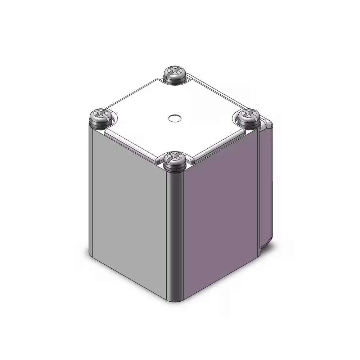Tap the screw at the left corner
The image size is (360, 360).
pos(99,118)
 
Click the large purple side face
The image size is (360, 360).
pos(220,220)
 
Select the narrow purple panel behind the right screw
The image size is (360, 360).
pos(266,187)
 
